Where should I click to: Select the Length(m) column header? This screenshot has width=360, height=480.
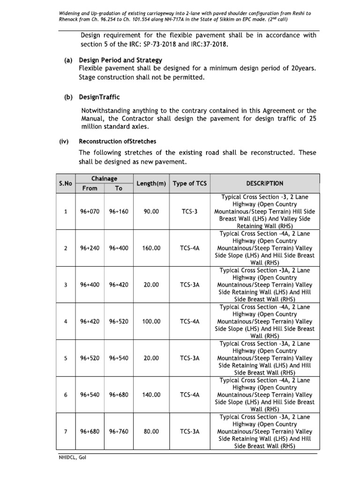coord(151,183)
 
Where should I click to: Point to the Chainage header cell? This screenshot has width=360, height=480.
coord(104,179)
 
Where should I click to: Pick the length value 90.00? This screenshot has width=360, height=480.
coord(151,211)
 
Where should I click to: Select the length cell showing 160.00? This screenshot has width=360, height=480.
coord(151,248)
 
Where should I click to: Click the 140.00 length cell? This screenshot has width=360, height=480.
coord(151,395)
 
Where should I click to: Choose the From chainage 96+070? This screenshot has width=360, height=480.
coord(90,211)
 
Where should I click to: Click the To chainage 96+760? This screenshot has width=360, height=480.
coord(119,431)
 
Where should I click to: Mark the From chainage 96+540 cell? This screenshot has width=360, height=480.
coord(90,395)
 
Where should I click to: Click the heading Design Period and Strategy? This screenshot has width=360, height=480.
coord(120,60)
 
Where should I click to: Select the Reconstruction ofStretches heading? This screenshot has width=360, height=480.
coord(117,141)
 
